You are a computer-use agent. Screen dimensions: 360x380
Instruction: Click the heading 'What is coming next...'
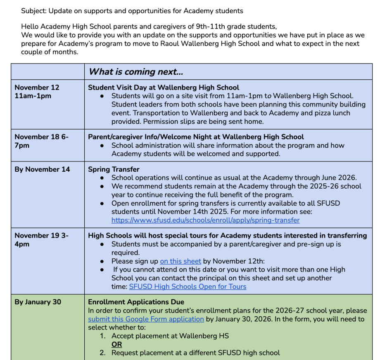tap(136, 72)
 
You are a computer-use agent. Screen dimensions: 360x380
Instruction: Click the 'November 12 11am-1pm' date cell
tap(37, 92)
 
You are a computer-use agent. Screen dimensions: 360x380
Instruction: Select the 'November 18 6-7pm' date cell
tap(41, 141)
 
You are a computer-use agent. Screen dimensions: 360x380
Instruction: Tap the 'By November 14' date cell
tap(42, 169)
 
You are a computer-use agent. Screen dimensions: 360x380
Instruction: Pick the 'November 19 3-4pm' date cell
tap(41, 239)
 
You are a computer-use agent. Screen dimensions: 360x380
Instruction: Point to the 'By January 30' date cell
tap(38, 302)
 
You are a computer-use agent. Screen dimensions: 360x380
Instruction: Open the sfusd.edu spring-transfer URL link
tap(205, 220)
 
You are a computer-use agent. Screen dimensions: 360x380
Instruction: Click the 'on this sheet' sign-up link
tap(180, 261)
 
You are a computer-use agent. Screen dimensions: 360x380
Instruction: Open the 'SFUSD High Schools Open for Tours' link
tap(188, 287)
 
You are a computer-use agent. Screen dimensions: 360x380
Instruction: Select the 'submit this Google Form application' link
tap(146, 319)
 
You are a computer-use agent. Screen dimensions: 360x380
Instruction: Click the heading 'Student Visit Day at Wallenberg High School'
tap(164, 88)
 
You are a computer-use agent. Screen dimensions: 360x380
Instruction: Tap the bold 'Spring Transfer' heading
tap(114, 169)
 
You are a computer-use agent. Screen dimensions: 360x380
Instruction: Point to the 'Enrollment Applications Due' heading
tap(136, 302)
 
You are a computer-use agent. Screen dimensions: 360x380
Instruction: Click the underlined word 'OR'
tap(117, 344)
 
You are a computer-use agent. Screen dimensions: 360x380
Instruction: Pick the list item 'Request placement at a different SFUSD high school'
tap(195, 353)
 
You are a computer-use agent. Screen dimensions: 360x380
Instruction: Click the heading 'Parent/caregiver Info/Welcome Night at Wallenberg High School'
tap(196, 137)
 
